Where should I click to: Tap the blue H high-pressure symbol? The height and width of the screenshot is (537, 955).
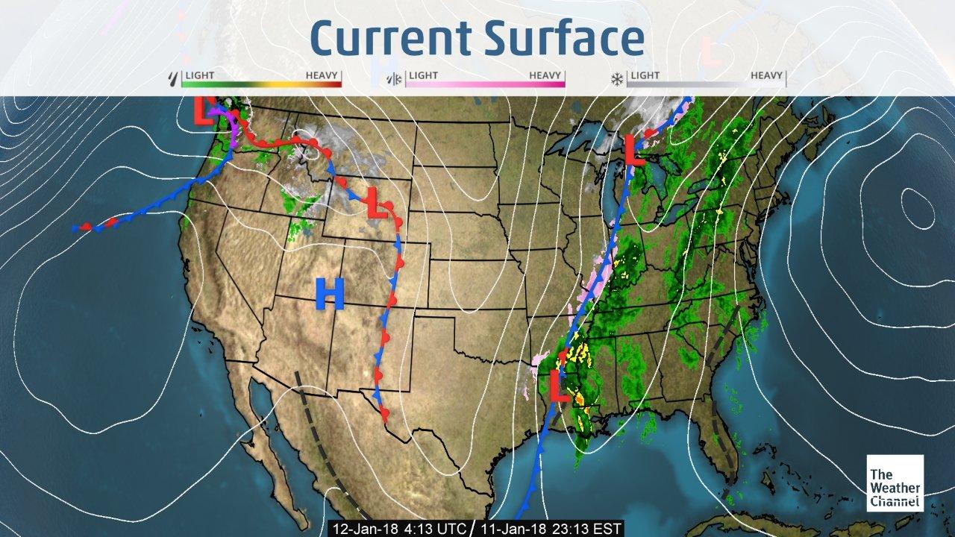point(329,293)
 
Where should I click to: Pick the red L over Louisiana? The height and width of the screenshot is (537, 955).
point(559,387)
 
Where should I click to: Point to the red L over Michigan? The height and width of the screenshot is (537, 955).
point(633,149)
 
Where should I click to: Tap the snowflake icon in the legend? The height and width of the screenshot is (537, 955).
point(617,78)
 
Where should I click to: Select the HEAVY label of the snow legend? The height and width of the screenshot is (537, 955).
point(766,75)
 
